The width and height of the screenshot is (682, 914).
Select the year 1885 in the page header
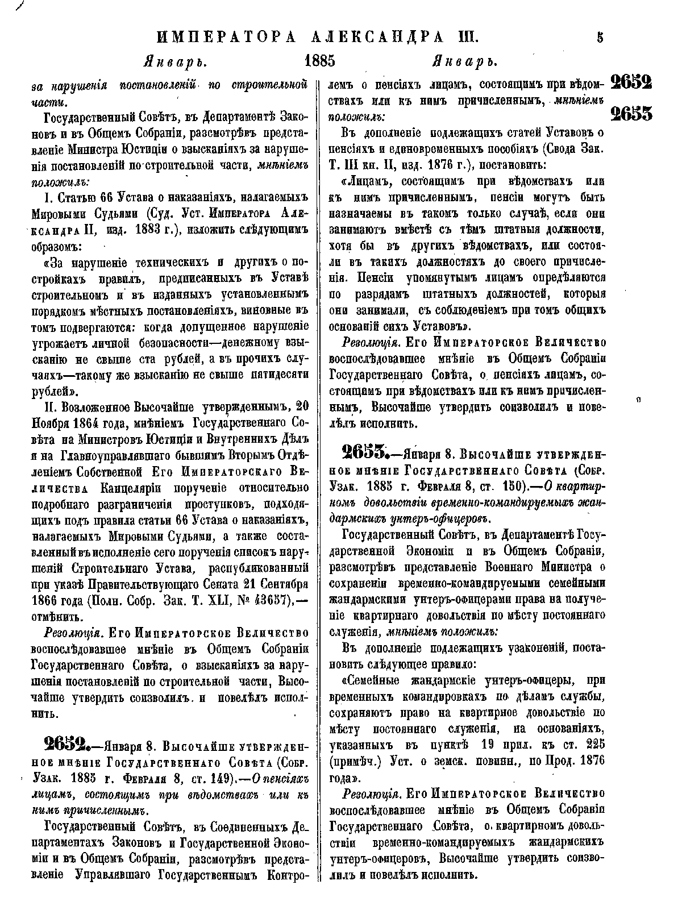click(x=321, y=61)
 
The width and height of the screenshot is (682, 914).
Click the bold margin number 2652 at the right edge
click(x=631, y=83)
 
